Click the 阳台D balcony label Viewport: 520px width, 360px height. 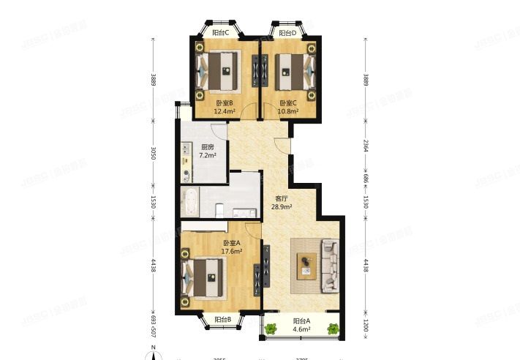[221, 33]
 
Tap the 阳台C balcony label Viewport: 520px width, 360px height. [288, 33]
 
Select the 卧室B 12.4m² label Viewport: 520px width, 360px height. [225, 108]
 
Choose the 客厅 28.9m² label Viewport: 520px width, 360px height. [282, 203]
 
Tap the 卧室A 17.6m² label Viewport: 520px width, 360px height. [232, 247]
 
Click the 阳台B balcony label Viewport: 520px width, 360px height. [223, 320]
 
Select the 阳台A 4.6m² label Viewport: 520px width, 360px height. [302, 325]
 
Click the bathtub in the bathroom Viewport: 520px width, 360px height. [189, 199]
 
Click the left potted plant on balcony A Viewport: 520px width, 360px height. [272, 329]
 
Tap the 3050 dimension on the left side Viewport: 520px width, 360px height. [153, 153]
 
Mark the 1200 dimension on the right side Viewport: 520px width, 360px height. [364, 325]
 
